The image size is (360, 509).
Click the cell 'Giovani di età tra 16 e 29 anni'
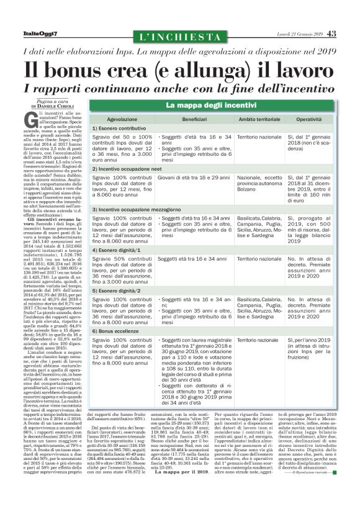(194, 178)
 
